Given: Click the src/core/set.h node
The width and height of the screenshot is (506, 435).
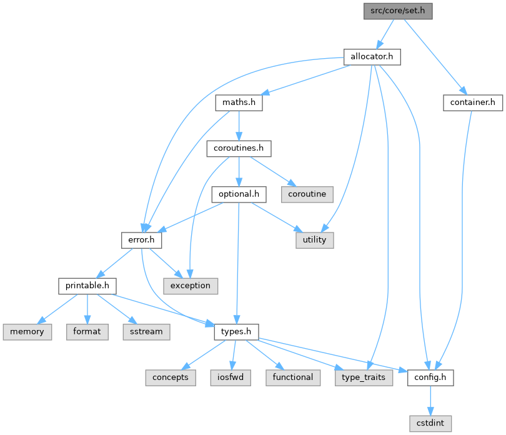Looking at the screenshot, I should [x=399, y=10].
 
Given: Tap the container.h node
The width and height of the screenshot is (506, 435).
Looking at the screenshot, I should [x=472, y=102].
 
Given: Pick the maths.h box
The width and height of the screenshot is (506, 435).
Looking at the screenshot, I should [x=238, y=102].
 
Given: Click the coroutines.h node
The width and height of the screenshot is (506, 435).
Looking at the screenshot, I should [x=239, y=149].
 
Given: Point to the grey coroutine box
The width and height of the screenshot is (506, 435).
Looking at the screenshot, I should [x=307, y=194].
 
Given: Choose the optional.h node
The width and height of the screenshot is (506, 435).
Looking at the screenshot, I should [x=239, y=194].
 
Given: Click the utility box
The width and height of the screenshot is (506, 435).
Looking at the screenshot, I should [x=314, y=239].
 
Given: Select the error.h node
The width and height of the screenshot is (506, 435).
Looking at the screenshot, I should [x=142, y=239].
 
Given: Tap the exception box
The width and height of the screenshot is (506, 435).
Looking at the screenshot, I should [x=191, y=286].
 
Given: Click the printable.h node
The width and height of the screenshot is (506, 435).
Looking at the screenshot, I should [x=87, y=286].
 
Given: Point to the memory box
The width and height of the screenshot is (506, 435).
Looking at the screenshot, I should [x=27, y=331].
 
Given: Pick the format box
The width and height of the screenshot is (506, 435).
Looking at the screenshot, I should [x=87, y=331].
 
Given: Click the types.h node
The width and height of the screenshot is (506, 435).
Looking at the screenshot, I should [x=236, y=331].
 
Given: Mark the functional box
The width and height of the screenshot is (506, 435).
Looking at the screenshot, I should [x=292, y=377].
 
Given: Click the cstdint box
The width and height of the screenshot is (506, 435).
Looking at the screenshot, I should [x=431, y=423].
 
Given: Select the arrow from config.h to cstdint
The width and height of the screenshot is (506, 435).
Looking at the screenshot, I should [x=431, y=400].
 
